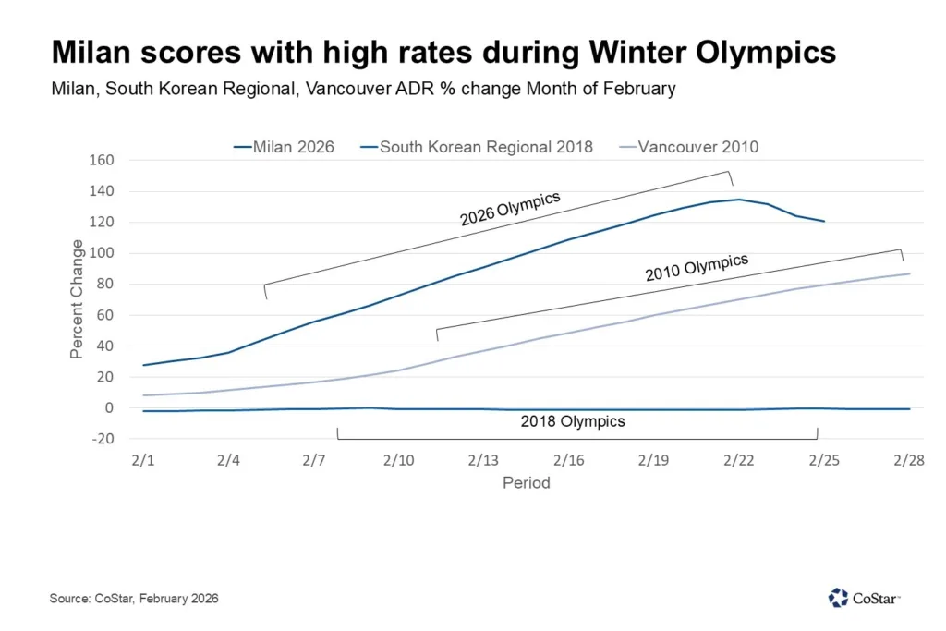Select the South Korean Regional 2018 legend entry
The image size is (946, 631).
(478, 146)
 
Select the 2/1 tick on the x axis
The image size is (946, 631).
(143, 460)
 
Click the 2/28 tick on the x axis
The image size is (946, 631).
(910, 460)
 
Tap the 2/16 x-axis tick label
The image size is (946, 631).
(569, 460)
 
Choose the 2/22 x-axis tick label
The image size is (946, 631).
(739, 460)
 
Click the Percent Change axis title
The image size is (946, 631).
(78, 299)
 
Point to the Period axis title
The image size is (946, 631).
(526, 483)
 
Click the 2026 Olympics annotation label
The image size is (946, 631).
(510, 209)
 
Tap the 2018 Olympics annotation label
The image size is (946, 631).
(573, 421)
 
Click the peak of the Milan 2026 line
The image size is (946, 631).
(739, 200)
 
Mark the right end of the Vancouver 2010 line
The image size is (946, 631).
(910, 273)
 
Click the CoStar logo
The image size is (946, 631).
(864, 598)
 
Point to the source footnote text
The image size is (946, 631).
(134, 599)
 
